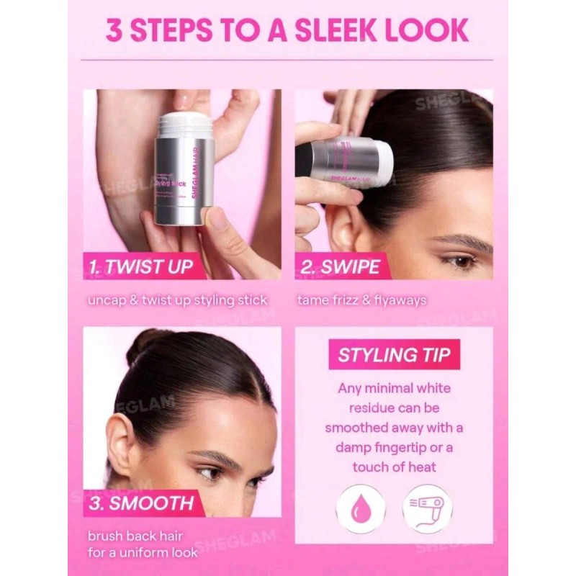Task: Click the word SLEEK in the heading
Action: point(338,31)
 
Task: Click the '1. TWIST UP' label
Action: point(140,266)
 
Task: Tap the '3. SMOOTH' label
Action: point(142,502)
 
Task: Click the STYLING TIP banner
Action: point(395,355)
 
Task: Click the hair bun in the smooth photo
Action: point(148,343)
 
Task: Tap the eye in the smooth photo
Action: point(210,473)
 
